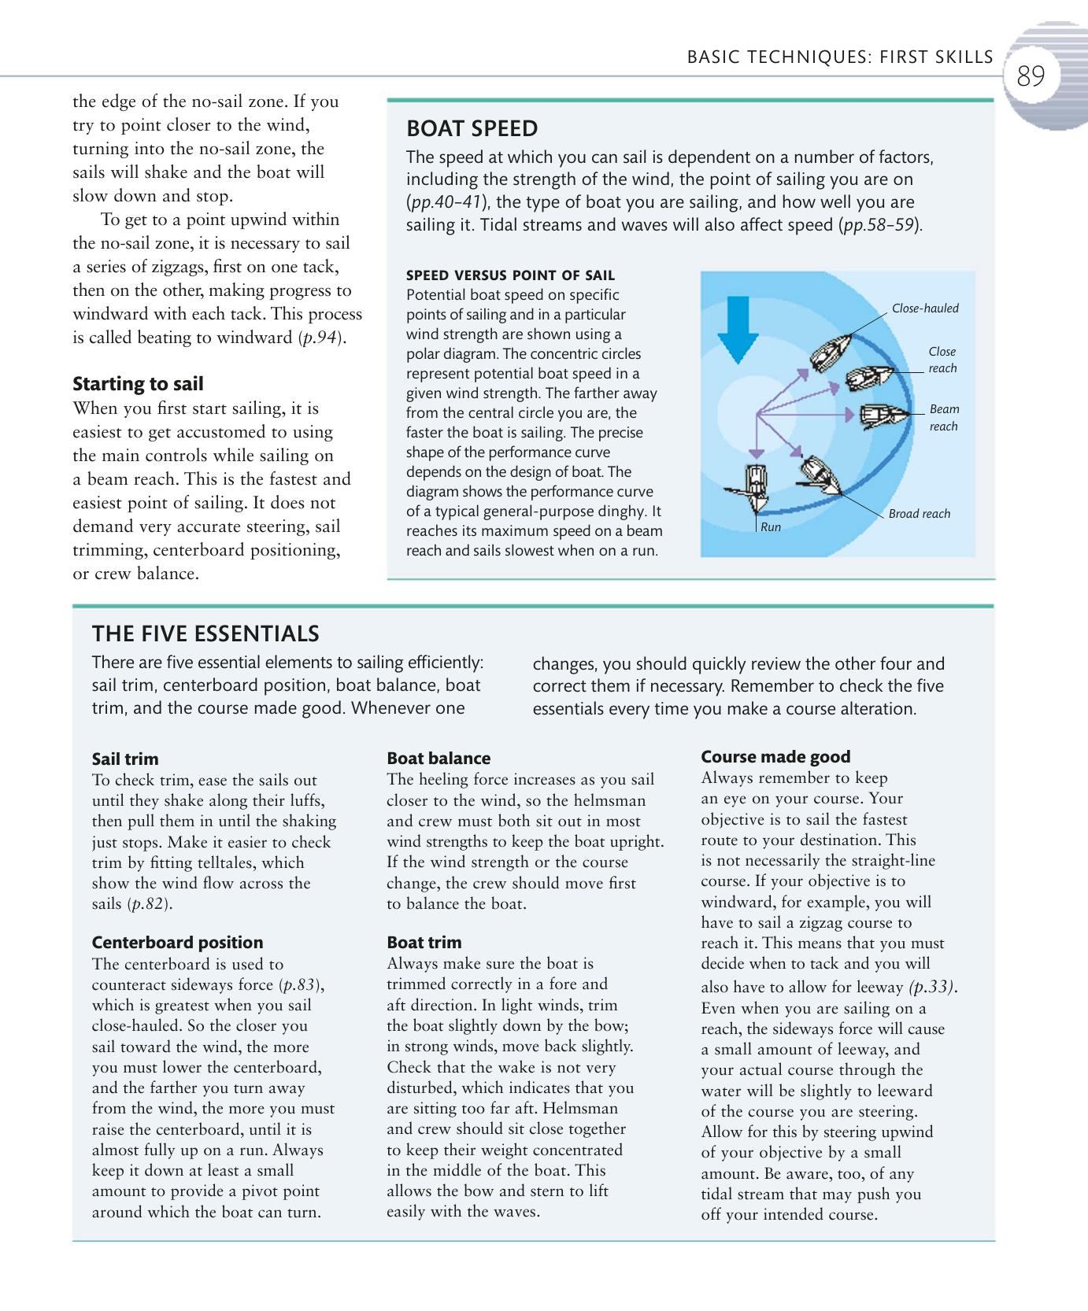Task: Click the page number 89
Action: click(x=1031, y=77)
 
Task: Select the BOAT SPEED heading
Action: click(x=472, y=129)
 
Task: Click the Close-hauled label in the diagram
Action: click(x=925, y=308)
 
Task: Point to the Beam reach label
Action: click(x=943, y=418)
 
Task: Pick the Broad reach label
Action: click(x=919, y=514)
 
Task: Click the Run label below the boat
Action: click(x=771, y=527)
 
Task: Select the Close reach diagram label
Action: click(x=942, y=360)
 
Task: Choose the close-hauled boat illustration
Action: click(x=831, y=353)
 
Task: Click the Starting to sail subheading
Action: click(x=138, y=384)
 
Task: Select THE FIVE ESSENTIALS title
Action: click(x=205, y=633)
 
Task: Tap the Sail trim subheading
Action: click(x=125, y=759)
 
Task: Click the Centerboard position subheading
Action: click(x=177, y=943)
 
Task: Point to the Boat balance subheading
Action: click(x=439, y=759)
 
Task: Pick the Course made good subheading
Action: click(x=775, y=757)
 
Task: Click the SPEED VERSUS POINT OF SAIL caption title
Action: click(x=510, y=275)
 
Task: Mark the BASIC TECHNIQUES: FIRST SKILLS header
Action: click(x=840, y=57)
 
